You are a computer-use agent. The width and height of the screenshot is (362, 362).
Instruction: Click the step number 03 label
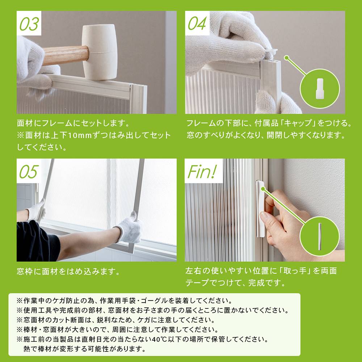(29, 24)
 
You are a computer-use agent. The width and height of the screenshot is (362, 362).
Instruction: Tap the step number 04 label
(197, 24)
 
